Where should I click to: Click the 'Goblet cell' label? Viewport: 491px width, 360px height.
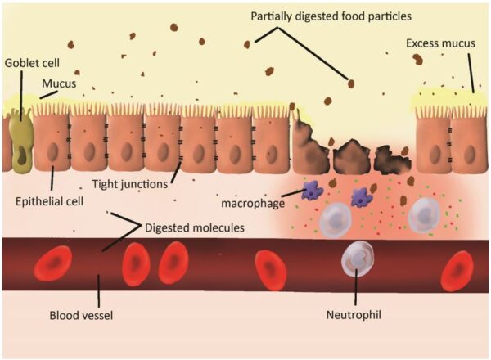pos(30,61)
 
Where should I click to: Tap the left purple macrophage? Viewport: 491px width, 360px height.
pos(311,192)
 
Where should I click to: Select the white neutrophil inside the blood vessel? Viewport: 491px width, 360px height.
pos(358,260)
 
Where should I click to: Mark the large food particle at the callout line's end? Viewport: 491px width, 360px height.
pos(350,83)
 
